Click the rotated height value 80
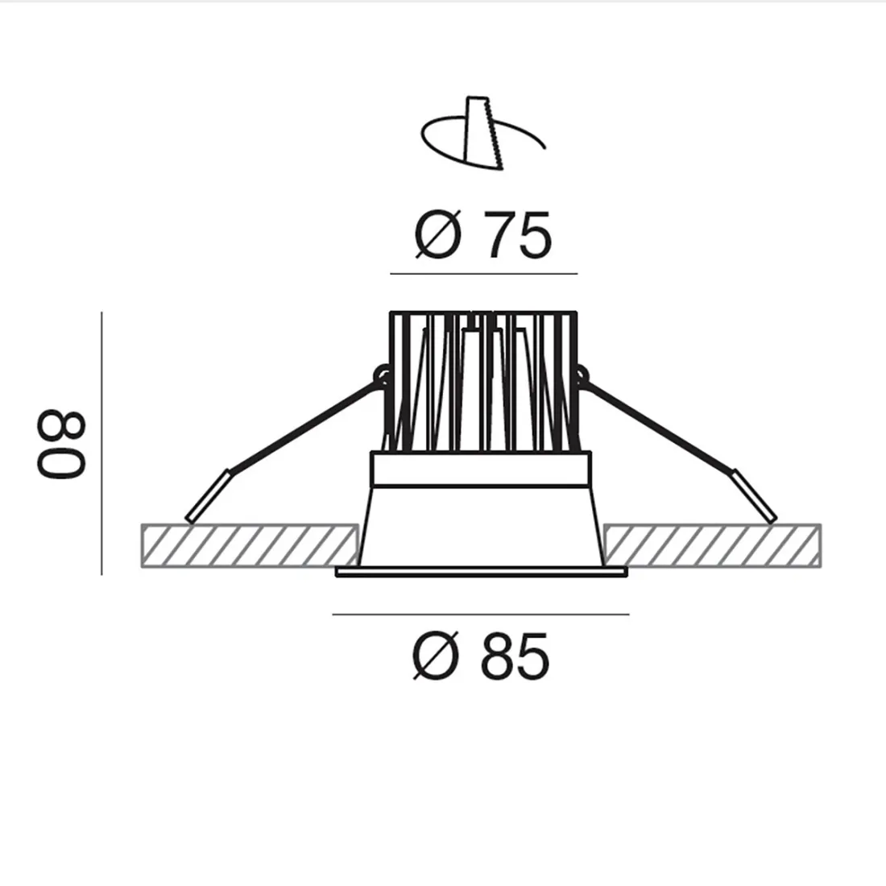coord(60,445)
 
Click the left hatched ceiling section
coord(249,544)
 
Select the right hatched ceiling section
coord(712,544)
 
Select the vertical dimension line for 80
coord(102,443)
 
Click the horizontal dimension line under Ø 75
coord(483,274)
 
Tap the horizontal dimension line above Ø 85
coord(481,615)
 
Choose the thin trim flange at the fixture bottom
coord(481,572)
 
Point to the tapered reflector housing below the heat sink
coord(481,524)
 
